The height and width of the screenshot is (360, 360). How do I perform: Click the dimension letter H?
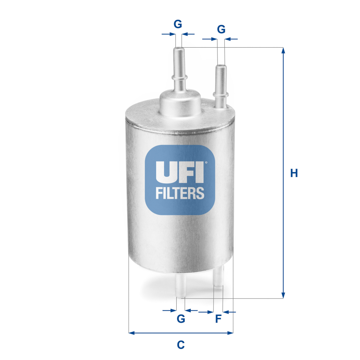tap(294, 173)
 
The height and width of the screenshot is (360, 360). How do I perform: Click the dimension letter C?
tap(181, 345)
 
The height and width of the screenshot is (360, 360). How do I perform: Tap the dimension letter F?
tap(218, 319)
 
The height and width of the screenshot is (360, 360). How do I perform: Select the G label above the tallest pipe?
tap(178, 24)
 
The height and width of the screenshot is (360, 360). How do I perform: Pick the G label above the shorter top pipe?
tap(221, 29)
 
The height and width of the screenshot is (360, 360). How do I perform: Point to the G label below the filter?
tap(181, 319)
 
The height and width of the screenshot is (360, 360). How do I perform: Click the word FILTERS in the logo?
tap(180, 193)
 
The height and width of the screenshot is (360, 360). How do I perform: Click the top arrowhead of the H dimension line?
tap(282, 50)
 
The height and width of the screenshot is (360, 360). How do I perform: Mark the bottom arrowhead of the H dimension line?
tap(282, 295)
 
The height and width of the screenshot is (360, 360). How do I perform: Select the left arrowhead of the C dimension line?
tap(131, 333)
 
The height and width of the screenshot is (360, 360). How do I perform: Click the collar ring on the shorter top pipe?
tap(220, 94)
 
